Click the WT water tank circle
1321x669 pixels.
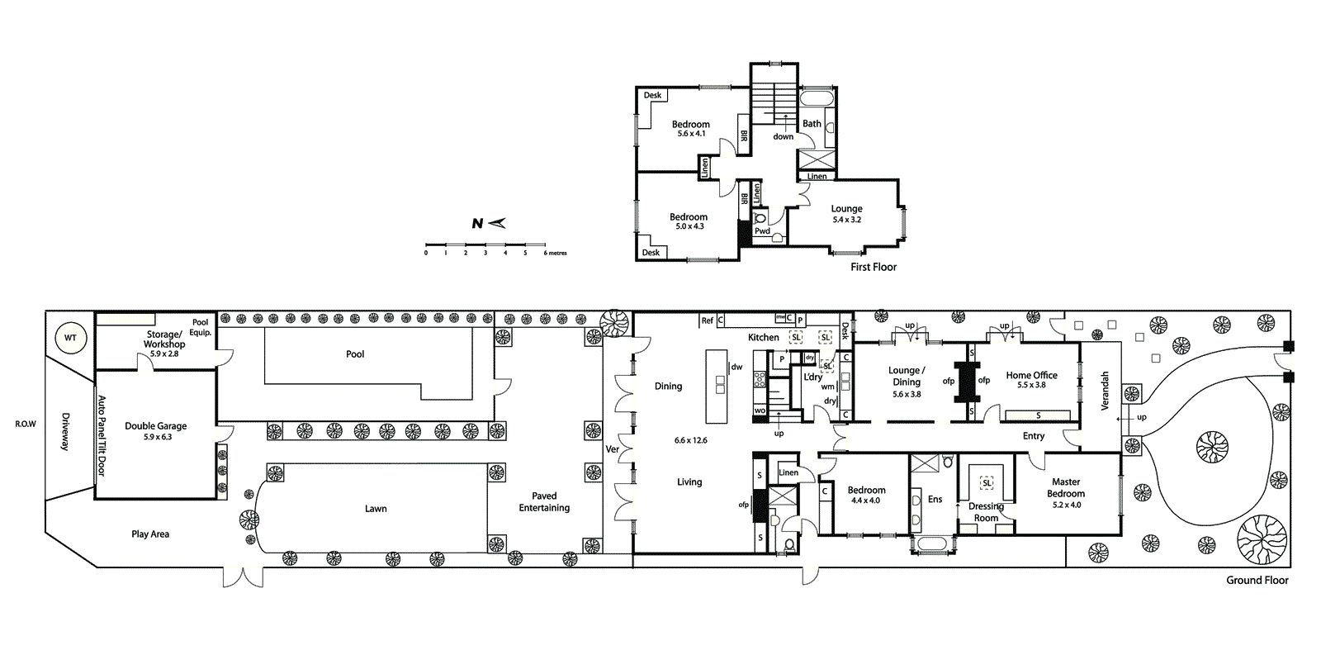pyautogui.click(x=70, y=338)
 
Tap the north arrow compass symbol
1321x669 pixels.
pyautogui.click(x=488, y=223)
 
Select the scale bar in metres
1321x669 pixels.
pyautogui.click(x=485, y=245)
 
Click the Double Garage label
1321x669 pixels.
pyautogui.click(x=155, y=430)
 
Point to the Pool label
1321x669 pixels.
pyautogui.click(x=355, y=354)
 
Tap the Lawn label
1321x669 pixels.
pyautogui.click(x=376, y=509)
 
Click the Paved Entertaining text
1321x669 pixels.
pyautogui.click(x=544, y=502)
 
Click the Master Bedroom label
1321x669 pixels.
pyautogui.click(x=1066, y=487)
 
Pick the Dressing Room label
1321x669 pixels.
pyautogui.click(x=986, y=512)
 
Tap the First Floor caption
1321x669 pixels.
pyautogui.click(x=874, y=268)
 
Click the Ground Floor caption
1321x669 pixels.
pyautogui.click(x=1257, y=581)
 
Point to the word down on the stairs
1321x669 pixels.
pyautogui.click(x=783, y=136)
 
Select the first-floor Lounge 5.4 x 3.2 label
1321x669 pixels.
pyautogui.click(x=846, y=214)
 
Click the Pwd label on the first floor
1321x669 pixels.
pyautogui.click(x=762, y=231)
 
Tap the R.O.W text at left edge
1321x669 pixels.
pyautogui.click(x=26, y=424)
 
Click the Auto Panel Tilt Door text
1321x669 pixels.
pyautogui.click(x=102, y=436)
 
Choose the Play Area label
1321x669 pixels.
pyautogui.click(x=150, y=534)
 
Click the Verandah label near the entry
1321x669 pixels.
pyautogui.click(x=1105, y=391)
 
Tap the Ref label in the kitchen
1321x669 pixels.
pyautogui.click(x=707, y=320)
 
